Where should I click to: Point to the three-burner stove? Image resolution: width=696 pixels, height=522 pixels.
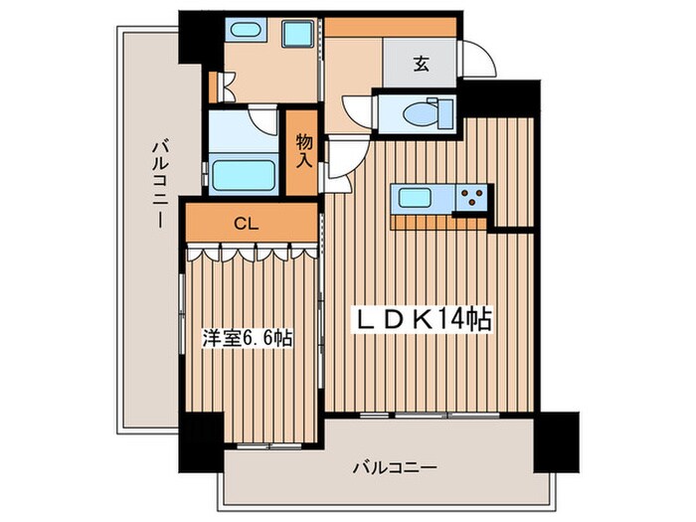coord(471,197)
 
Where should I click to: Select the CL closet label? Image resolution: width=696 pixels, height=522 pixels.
coord(247,224)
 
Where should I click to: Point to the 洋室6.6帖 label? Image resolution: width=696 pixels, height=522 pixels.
coord(249,337)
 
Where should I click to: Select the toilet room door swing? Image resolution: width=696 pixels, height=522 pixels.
coord(353,105)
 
